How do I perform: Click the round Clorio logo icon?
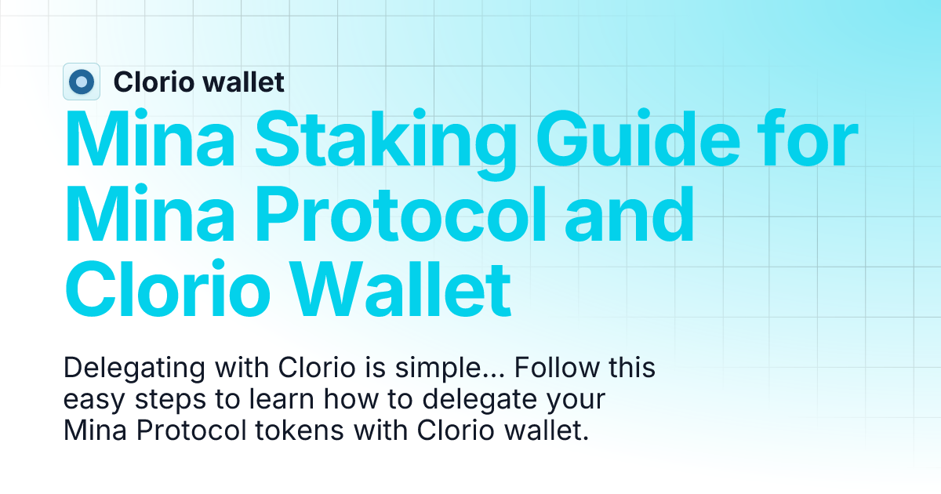(x=82, y=82)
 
